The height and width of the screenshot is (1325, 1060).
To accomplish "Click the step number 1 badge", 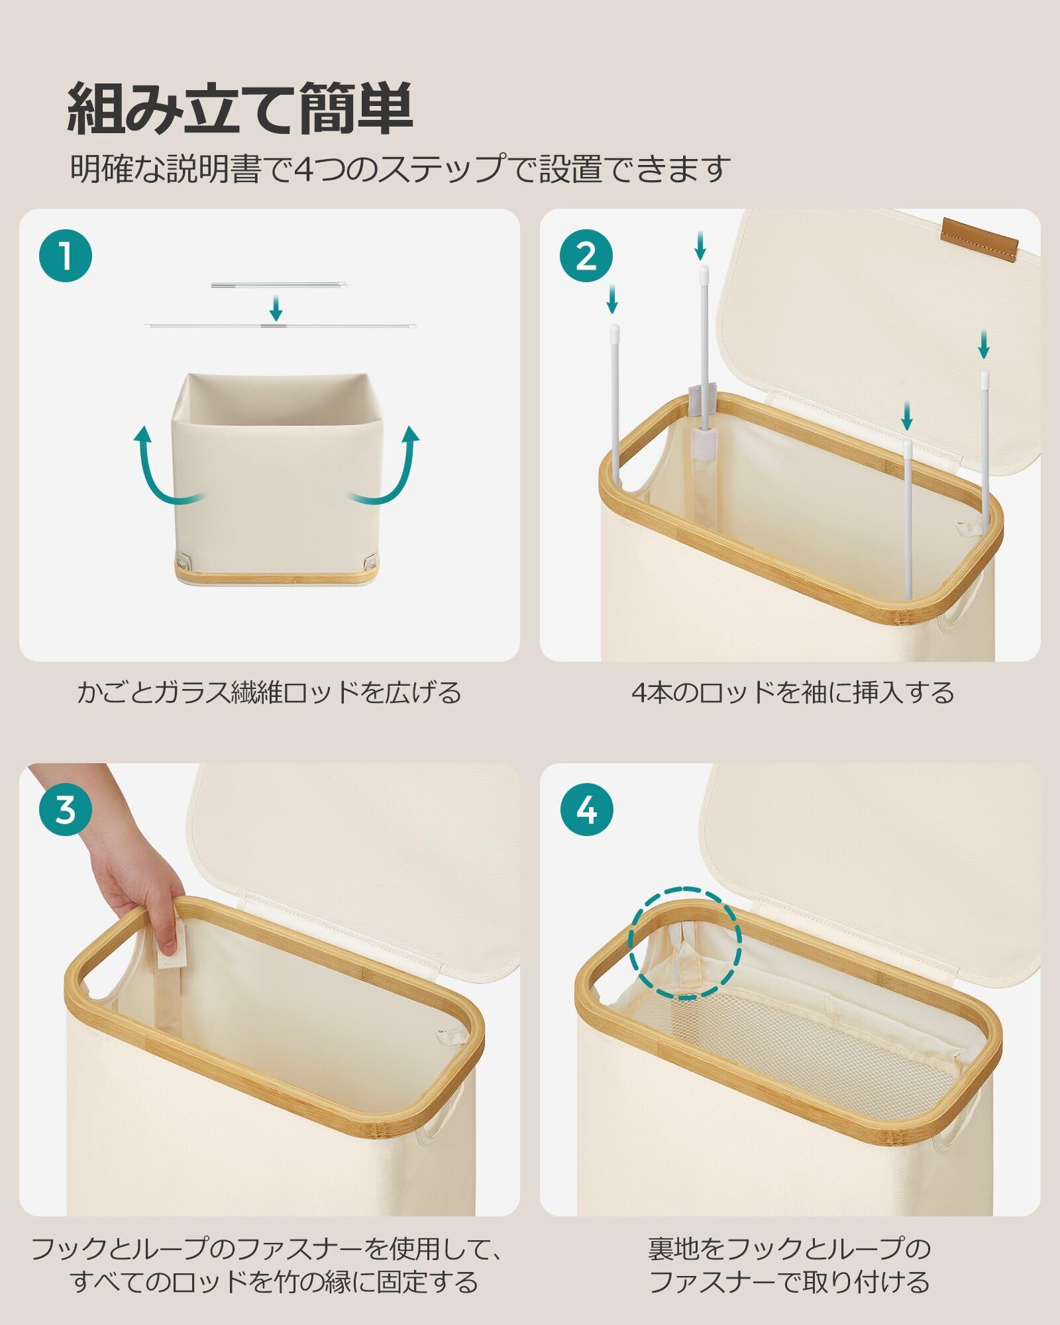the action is pyautogui.click(x=66, y=256).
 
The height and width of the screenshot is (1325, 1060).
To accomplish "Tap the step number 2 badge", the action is pyautogui.click(x=586, y=256).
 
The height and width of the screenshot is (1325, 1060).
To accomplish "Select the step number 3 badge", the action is pyautogui.click(x=66, y=810).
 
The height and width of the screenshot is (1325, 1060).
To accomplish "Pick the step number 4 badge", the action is pyautogui.click(x=586, y=810).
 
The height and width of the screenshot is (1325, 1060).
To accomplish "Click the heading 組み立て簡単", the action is pyautogui.click(x=241, y=109).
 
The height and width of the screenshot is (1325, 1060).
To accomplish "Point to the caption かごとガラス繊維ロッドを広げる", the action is pyautogui.click(x=269, y=693).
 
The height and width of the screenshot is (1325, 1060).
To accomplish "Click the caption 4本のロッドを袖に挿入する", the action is pyautogui.click(x=792, y=693).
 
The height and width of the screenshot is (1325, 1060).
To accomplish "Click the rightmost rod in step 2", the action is pyautogui.click(x=985, y=437).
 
